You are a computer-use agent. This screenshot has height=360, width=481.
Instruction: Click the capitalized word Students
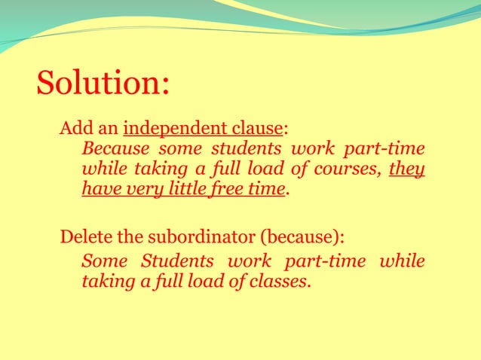click(176, 262)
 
